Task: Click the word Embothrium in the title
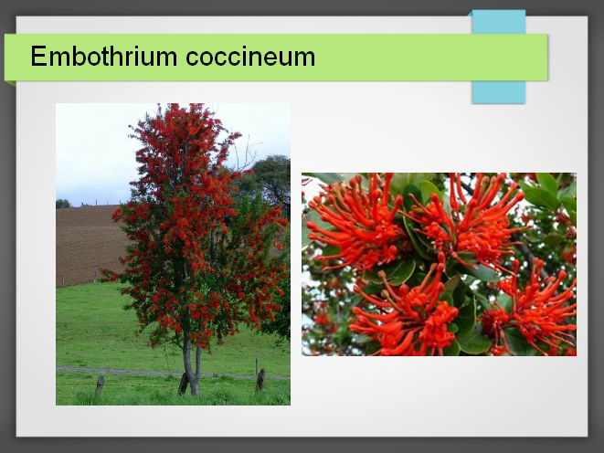[103, 57]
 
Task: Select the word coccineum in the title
[250, 57]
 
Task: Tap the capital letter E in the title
[38, 56]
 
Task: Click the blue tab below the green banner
[499, 92]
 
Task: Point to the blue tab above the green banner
[499, 22]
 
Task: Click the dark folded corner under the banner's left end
[10, 83]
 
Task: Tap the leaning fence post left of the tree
[100, 386]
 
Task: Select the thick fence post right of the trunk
[260, 380]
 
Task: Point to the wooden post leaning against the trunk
[183, 384]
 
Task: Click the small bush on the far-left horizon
[64, 204]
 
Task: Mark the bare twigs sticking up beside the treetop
[247, 152]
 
